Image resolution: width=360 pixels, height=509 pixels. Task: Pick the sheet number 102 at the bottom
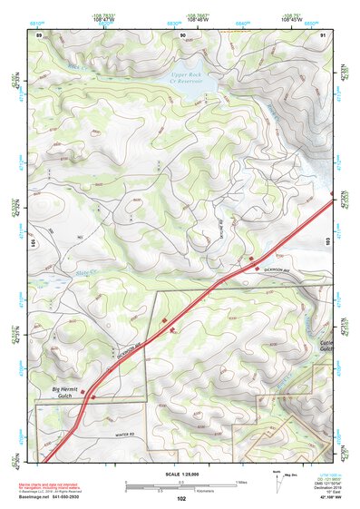coord(180,499)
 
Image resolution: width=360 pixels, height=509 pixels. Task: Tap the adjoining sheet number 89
coord(39,34)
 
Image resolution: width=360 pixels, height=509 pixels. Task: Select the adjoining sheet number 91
coord(324,34)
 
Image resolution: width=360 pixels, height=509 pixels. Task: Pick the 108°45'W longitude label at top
coord(290,17)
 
